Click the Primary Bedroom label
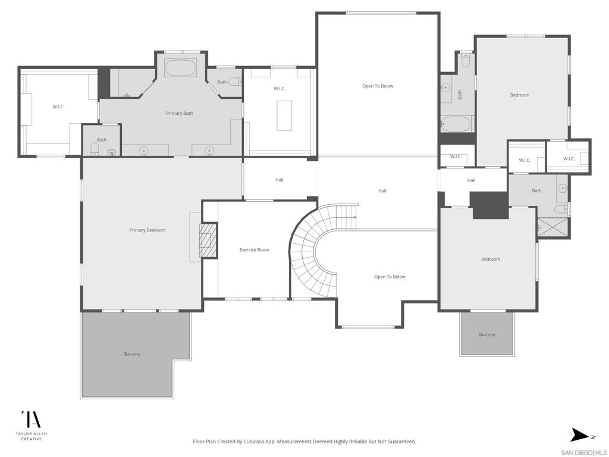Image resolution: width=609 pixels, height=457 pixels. click(x=147, y=230)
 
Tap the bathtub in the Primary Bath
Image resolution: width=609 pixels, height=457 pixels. click(x=181, y=68)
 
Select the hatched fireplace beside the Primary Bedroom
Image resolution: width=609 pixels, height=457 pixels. click(x=208, y=240)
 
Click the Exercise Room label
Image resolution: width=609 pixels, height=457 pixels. click(x=255, y=250)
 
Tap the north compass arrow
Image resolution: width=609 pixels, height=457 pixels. click(x=580, y=435)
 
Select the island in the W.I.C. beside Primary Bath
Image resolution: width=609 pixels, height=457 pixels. click(x=284, y=115)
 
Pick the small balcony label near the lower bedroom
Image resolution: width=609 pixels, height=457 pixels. click(x=487, y=334)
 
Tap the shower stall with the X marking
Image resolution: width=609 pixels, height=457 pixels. click(x=553, y=227)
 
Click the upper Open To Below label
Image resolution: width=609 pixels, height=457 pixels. click(x=378, y=86)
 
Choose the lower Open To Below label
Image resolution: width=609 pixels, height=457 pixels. click(x=390, y=277)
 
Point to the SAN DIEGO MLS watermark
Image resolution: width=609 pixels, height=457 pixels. click(x=584, y=453)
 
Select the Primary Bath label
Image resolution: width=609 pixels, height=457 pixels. click(x=180, y=114)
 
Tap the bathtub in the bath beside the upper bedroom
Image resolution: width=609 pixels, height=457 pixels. click(x=456, y=125)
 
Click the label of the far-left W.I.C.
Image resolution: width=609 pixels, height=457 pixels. click(x=59, y=107)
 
